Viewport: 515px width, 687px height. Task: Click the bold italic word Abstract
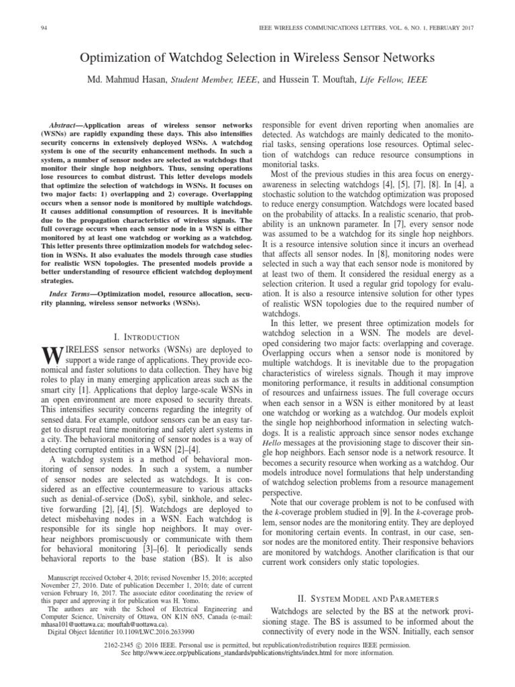[x=66, y=125]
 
